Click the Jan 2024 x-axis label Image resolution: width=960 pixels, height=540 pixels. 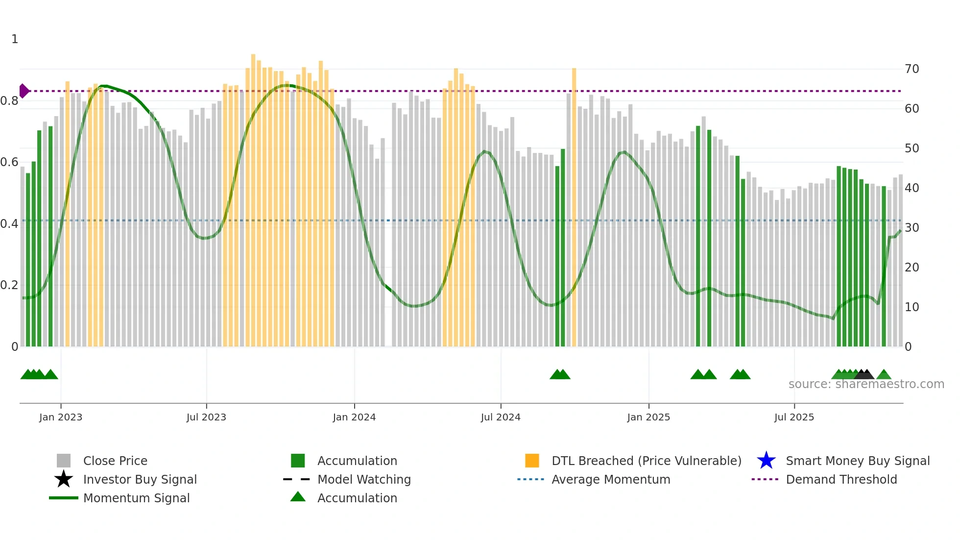[x=354, y=417]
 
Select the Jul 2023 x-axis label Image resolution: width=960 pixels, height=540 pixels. [x=206, y=417]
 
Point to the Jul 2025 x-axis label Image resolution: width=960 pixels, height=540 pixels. [x=794, y=417]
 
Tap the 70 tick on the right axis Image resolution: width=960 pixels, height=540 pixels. [x=912, y=69]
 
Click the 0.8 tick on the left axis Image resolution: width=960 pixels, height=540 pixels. [x=10, y=101]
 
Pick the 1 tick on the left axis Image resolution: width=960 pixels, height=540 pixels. [x=15, y=39]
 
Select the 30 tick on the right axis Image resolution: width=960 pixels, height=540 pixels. [x=912, y=228]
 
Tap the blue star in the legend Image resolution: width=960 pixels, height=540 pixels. [x=766, y=461]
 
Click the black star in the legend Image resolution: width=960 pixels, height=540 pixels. [x=64, y=479]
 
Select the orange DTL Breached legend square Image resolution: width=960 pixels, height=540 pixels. [x=532, y=461]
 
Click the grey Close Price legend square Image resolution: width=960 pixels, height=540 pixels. [x=64, y=461]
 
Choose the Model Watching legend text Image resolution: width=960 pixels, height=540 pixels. [x=364, y=479]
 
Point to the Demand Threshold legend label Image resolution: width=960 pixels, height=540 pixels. [x=841, y=479]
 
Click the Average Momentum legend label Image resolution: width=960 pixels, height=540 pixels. [x=611, y=479]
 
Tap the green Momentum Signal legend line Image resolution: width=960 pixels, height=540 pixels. [x=64, y=498]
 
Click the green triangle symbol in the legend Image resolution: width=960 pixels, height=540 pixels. [x=298, y=497]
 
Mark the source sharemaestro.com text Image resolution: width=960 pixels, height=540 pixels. [x=866, y=384]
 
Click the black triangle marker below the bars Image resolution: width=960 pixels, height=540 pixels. [x=864, y=375]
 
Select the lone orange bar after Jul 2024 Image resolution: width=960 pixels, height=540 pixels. [x=574, y=206]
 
